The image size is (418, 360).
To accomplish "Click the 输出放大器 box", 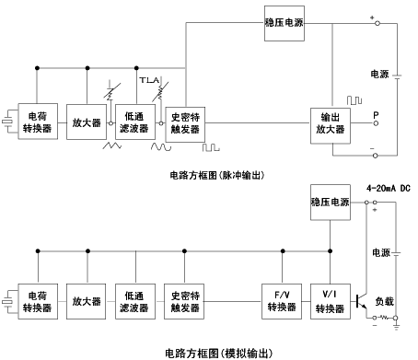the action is [331, 125].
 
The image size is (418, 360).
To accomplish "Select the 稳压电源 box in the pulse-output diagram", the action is [284, 23].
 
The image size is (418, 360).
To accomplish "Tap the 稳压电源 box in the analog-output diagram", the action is [331, 203].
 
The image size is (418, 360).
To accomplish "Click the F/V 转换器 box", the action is [282, 301].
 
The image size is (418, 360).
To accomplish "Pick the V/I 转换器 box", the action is [331, 301].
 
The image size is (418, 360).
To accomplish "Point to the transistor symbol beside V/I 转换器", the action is [361, 301].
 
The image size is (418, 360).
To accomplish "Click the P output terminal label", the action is [376, 115].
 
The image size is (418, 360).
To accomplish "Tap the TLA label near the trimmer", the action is [149, 80].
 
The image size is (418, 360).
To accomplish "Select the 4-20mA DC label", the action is [389, 188].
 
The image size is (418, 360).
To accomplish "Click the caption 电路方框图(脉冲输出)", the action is [217, 175].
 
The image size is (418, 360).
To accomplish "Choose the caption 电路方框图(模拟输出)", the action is [218, 354].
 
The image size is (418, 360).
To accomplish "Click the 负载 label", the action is [384, 301].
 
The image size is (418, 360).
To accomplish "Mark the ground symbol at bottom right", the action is [396, 326].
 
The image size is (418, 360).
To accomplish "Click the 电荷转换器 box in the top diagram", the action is [38, 122].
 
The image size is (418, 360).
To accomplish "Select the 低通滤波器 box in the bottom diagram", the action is [135, 301].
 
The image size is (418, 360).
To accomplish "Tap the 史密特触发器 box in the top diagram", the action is [185, 124].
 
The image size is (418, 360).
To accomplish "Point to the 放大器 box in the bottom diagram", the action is [87, 301].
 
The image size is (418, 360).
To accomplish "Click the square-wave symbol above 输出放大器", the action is [354, 100].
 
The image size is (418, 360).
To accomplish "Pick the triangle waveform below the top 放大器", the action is [112, 145].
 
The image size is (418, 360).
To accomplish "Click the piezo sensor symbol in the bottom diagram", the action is [7, 301].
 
